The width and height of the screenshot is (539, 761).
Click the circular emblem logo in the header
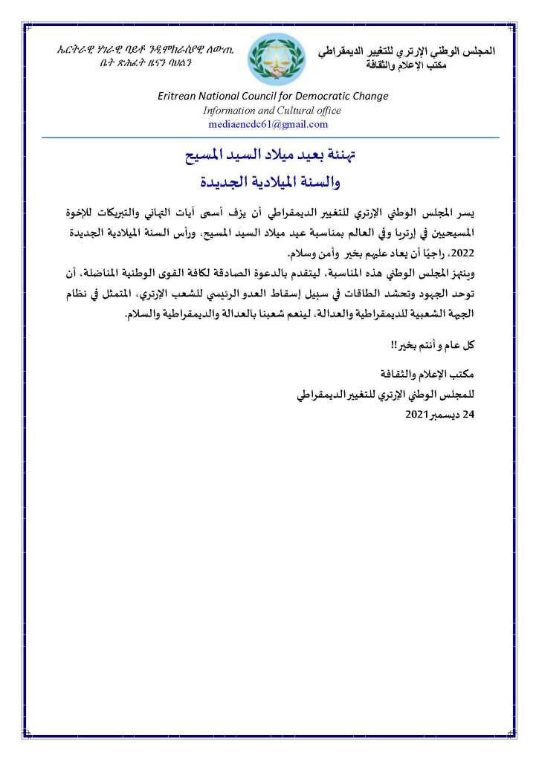point(277,59)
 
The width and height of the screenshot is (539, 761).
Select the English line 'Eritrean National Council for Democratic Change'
point(273,96)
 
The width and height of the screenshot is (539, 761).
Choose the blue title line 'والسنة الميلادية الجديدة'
point(269,181)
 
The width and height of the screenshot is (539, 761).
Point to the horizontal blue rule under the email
point(269,137)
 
